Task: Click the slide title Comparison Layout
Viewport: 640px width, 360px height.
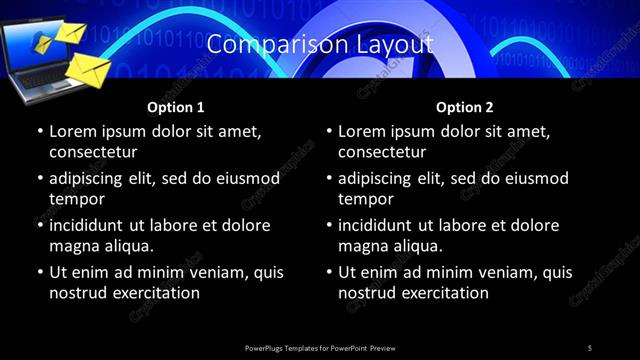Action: [320, 45]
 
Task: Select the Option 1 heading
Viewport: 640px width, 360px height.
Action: [175, 107]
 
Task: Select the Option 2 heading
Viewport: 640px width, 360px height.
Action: [464, 107]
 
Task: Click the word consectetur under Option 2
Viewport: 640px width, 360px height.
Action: [381, 152]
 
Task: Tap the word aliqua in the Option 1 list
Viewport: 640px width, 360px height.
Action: [130, 246]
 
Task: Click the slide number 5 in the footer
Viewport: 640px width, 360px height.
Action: [590, 347]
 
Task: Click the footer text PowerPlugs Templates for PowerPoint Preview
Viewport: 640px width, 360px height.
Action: [320, 347]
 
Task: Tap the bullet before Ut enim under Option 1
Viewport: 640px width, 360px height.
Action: [40, 272]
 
